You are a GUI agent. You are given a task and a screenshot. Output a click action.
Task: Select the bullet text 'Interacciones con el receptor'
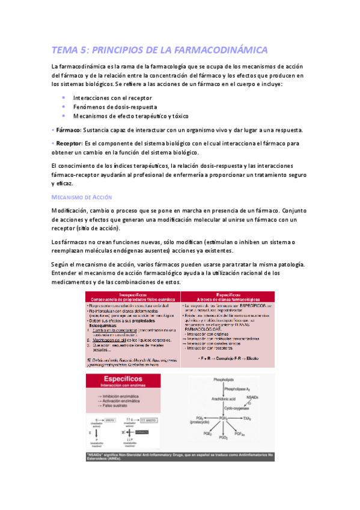point(112,97)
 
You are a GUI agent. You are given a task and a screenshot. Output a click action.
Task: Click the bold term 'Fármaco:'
point(69,130)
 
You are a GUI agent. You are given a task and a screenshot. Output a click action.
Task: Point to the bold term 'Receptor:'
point(70,144)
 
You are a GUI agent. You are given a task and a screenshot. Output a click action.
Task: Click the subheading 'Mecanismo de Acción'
point(81,197)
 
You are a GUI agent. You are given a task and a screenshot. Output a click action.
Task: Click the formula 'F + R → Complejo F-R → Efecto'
point(228,358)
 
